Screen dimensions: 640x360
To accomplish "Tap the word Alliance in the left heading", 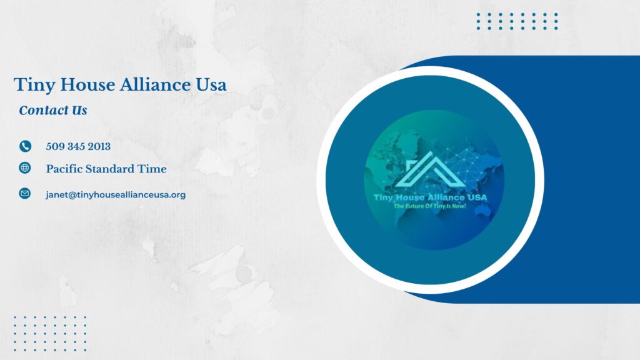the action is click(x=156, y=84).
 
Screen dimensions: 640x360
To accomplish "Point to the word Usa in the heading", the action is click(x=211, y=84).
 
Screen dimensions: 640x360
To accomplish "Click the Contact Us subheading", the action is click(x=53, y=110).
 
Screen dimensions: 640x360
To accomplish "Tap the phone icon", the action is click(x=25, y=146).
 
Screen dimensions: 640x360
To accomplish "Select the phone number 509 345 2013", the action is click(x=78, y=146).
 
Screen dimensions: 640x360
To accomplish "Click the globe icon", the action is click(x=25, y=167).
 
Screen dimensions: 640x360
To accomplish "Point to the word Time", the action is click(x=152, y=169).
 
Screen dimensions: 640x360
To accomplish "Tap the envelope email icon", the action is click(x=25, y=194).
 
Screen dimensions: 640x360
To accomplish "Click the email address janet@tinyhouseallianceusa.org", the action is click(x=116, y=195).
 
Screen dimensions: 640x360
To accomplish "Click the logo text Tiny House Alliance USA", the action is click(x=430, y=197).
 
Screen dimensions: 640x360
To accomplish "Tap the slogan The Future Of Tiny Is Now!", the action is click(x=430, y=206).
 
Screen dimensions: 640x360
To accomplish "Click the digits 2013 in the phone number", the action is click(x=99, y=146).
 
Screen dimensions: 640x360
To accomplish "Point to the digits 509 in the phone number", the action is click(x=54, y=146).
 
